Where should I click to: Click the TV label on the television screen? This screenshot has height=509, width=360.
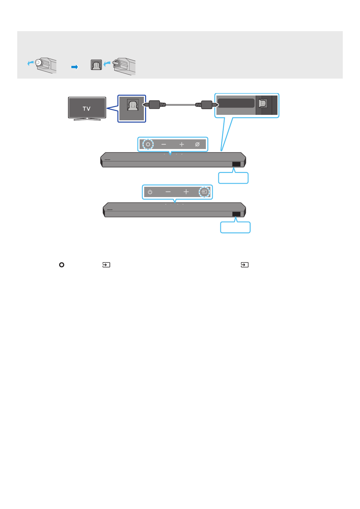(x=87, y=109)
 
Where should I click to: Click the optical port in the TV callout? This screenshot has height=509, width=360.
(x=132, y=105)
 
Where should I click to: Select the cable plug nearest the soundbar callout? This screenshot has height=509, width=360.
(x=207, y=105)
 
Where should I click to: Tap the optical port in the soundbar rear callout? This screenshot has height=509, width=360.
(x=263, y=104)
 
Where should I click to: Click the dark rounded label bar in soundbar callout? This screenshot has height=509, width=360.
(x=236, y=103)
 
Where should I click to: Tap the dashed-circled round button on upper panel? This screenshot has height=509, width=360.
(x=148, y=144)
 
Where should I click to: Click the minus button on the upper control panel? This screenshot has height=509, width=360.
(x=164, y=144)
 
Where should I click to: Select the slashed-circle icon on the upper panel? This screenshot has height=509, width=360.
(x=197, y=144)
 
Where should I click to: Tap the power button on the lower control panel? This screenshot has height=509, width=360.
(x=150, y=192)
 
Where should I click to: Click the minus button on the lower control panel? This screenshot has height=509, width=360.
(x=168, y=192)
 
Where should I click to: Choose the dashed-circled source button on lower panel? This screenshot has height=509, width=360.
(x=204, y=192)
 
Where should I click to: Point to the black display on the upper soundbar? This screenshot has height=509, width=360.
(x=236, y=164)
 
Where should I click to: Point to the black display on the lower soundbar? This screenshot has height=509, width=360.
(x=236, y=214)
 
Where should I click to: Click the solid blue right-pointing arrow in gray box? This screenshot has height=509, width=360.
(x=75, y=67)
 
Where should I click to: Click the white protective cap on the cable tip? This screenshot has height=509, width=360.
(x=38, y=63)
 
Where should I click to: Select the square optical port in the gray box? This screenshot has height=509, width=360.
(x=96, y=65)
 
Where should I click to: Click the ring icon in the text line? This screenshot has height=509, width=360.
(x=62, y=265)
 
